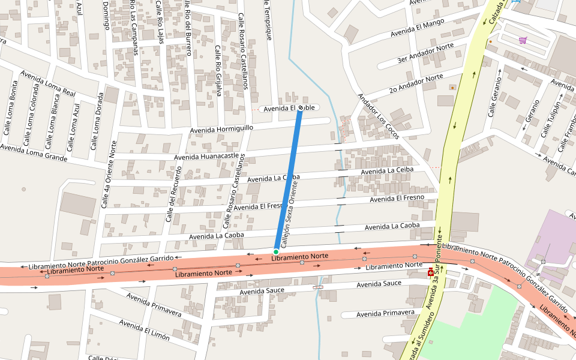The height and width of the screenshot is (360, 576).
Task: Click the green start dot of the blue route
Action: (276, 251)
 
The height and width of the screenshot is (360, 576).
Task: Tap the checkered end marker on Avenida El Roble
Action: (301, 107)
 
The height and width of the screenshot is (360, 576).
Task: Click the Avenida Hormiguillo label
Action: (221, 129)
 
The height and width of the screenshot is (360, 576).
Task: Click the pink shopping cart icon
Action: (523, 40)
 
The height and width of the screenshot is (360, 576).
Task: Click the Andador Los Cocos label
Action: (378, 116)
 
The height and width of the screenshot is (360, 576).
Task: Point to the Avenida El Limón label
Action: (144, 330)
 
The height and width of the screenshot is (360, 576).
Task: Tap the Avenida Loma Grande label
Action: (33, 152)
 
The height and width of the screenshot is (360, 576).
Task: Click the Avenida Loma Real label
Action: (48, 83)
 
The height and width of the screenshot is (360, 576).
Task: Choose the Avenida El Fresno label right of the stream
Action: (397, 198)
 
